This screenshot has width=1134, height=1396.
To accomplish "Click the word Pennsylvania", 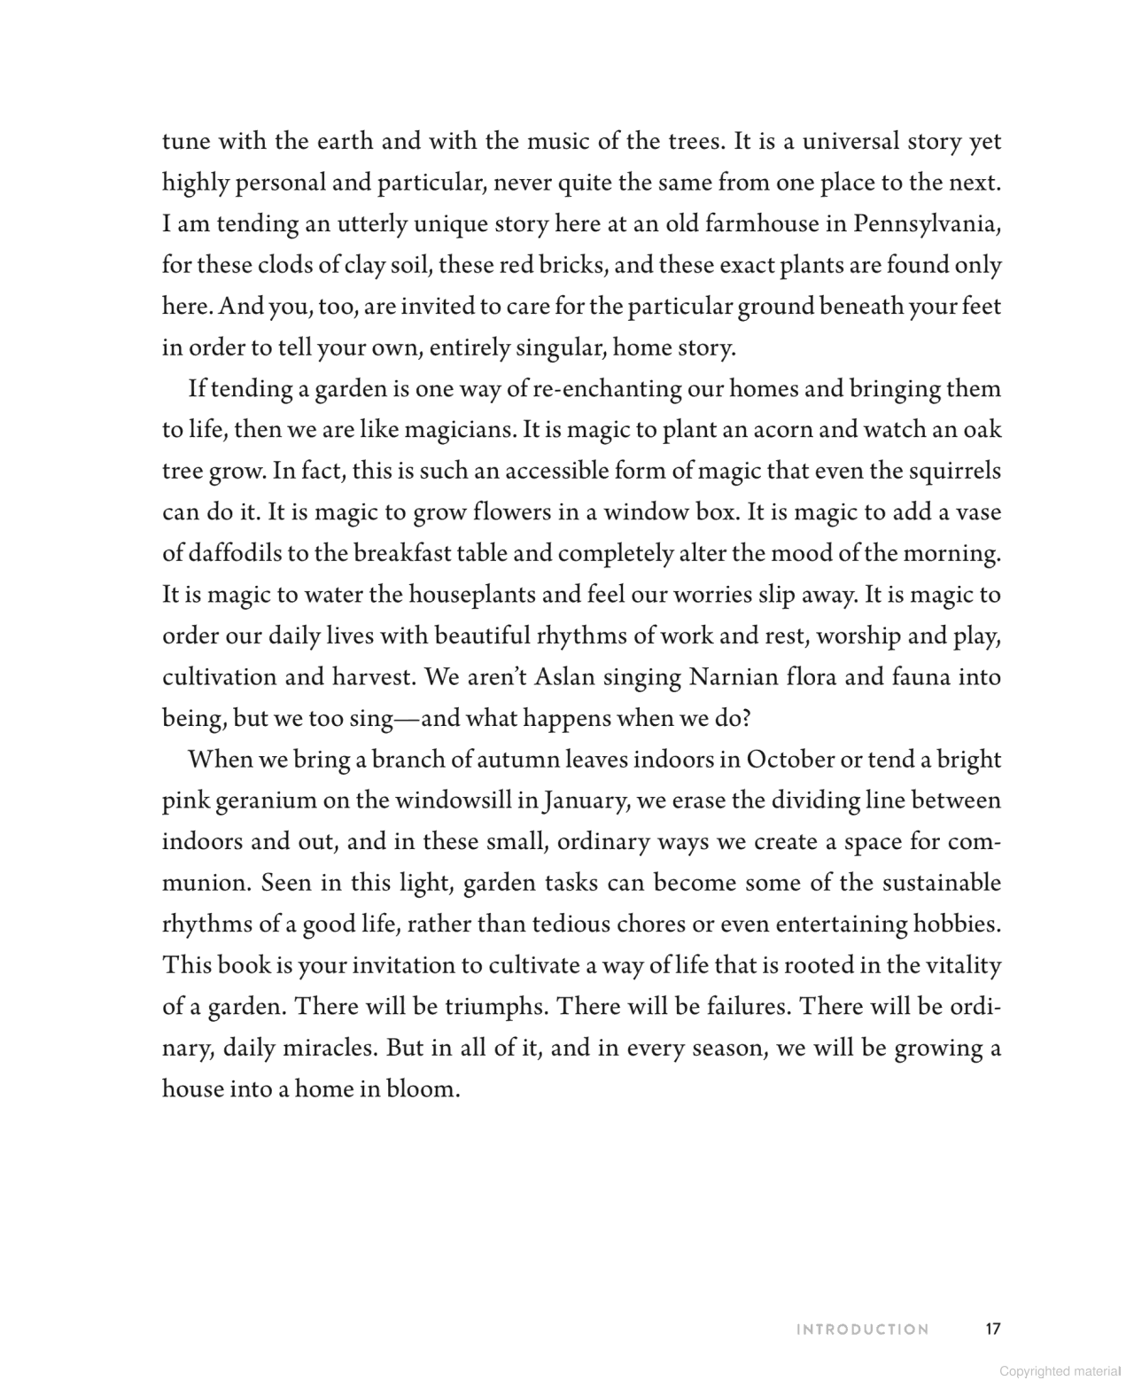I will (927, 224).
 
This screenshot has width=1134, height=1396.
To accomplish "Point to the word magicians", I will (460, 430).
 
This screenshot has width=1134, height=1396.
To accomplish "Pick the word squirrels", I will (955, 471).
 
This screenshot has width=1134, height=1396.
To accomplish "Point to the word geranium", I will (266, 801).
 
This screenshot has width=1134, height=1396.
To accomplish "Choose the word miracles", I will (329, 1049).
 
